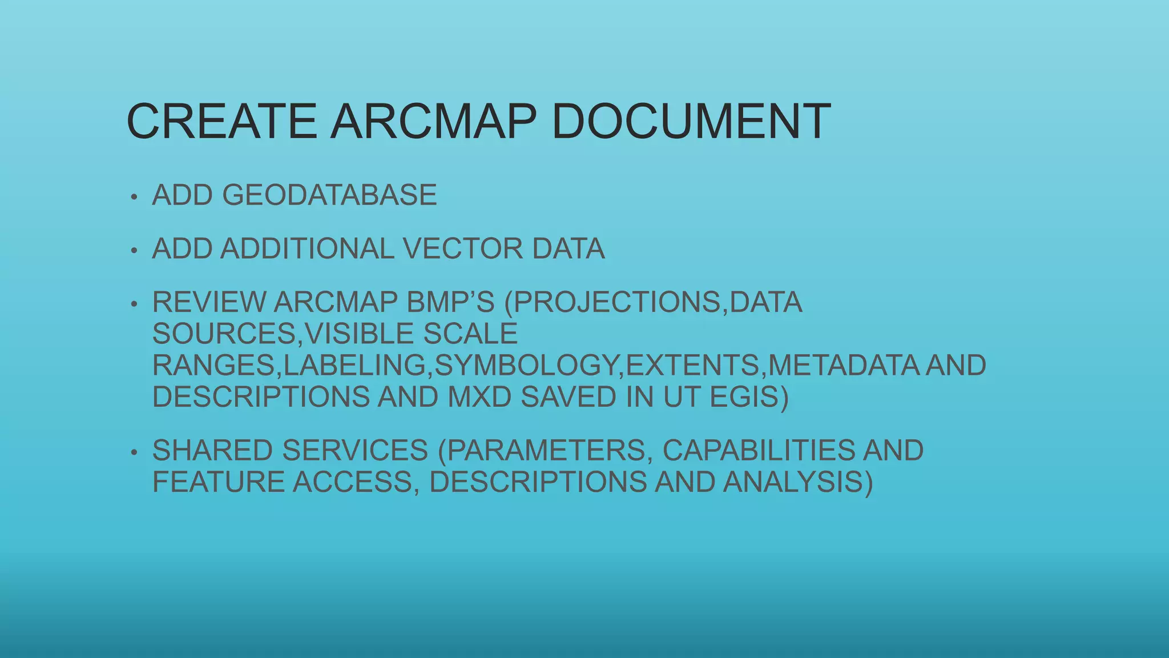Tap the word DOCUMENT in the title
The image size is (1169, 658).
tap(691, 121)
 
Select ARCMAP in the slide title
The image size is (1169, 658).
tap(434, 121)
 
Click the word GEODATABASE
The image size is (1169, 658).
tap(329, 195)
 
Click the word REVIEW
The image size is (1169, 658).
tap(208, 302)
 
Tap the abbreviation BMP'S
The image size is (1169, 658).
tap(450, 302)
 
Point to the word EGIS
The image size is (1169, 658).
tap(748, 397)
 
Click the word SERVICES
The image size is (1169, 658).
tap(355, 451)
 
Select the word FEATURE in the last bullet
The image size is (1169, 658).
tap(218, 482)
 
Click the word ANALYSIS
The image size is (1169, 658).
tap(797, 482)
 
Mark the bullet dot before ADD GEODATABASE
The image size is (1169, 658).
tap(134, 198)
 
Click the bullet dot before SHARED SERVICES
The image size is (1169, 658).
tap(134, 453)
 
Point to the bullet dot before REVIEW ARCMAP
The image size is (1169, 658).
tap(134, 304)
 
